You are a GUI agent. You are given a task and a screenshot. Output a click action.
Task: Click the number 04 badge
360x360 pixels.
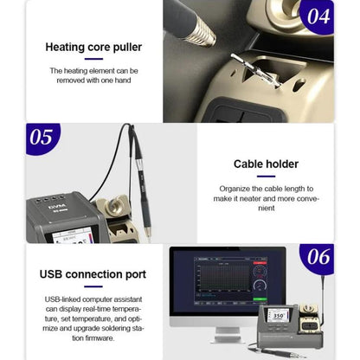tap(319, 16)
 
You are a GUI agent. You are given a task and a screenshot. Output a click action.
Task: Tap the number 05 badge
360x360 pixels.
tap(41, 138)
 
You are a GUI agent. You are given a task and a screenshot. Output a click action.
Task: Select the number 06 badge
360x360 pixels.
tap(318, 256)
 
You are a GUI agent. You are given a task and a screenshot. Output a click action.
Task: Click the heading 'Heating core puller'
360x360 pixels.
tap(93, 47)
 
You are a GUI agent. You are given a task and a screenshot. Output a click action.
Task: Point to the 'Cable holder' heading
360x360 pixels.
tap(266, 164)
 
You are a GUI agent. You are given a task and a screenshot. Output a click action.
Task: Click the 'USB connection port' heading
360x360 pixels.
tap(93, 274)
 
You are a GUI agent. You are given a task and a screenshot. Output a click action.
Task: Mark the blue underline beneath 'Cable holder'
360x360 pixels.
tap(266, 176)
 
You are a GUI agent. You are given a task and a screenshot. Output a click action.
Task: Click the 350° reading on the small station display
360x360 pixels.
tap(280, 317)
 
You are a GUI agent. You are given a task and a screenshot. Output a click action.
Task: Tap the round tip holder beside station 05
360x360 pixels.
tap(114, 208)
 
